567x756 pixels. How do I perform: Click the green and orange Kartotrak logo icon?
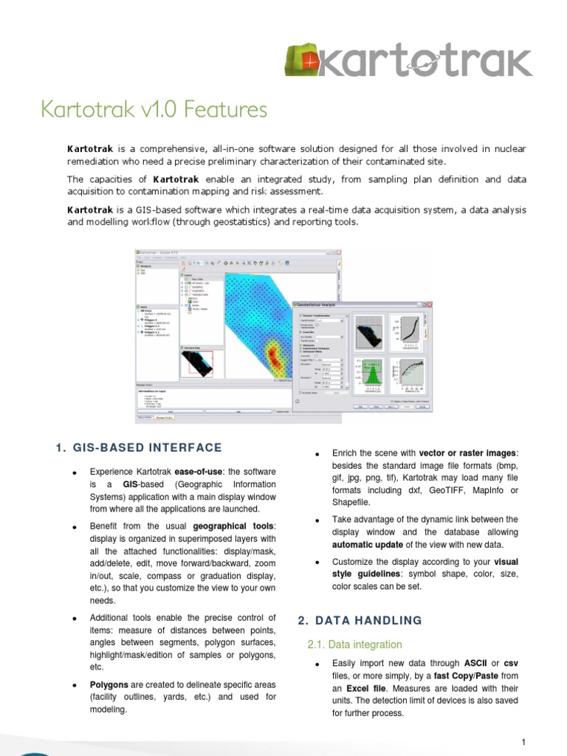click(303, 61)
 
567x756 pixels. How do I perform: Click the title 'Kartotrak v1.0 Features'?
click(154, 110)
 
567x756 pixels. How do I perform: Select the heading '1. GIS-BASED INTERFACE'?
click(139, 447)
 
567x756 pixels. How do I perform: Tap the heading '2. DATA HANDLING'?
click(360, 620)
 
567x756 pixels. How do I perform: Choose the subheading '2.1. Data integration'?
click(354, 645)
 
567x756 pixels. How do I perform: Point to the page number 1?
click(522, 741)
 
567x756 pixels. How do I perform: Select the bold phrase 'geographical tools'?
click(233, 526)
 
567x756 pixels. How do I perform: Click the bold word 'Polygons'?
click(109, 685)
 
